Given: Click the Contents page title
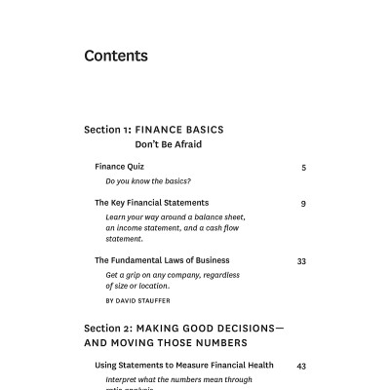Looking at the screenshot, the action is coord(116,56).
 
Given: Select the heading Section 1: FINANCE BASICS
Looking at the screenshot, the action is coord(153,129).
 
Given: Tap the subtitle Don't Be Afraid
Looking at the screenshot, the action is coord(168,144).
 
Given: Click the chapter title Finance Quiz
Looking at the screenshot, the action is coord(119,167).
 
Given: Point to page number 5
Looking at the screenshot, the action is coord(303,168).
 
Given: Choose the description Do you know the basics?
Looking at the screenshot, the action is coord(147,181).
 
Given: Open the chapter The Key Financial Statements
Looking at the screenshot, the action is coord(151,203).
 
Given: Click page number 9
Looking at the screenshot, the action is coord(303,204).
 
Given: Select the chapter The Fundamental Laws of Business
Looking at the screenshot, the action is coord(162,260).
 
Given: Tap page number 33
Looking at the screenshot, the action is coord(301,261).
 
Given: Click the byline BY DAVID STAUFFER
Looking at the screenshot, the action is coord(136,300).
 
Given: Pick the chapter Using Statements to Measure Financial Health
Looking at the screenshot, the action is coord(183,366).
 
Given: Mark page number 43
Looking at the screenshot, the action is coord(301,367).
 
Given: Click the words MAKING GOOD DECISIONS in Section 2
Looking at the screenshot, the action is coord(206,328).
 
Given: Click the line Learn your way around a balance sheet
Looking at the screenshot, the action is coord(175,216).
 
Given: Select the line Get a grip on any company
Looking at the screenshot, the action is coord(172,275).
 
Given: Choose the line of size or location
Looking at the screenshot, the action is coord(137,286).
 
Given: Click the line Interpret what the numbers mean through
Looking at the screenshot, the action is coord(178,379).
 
